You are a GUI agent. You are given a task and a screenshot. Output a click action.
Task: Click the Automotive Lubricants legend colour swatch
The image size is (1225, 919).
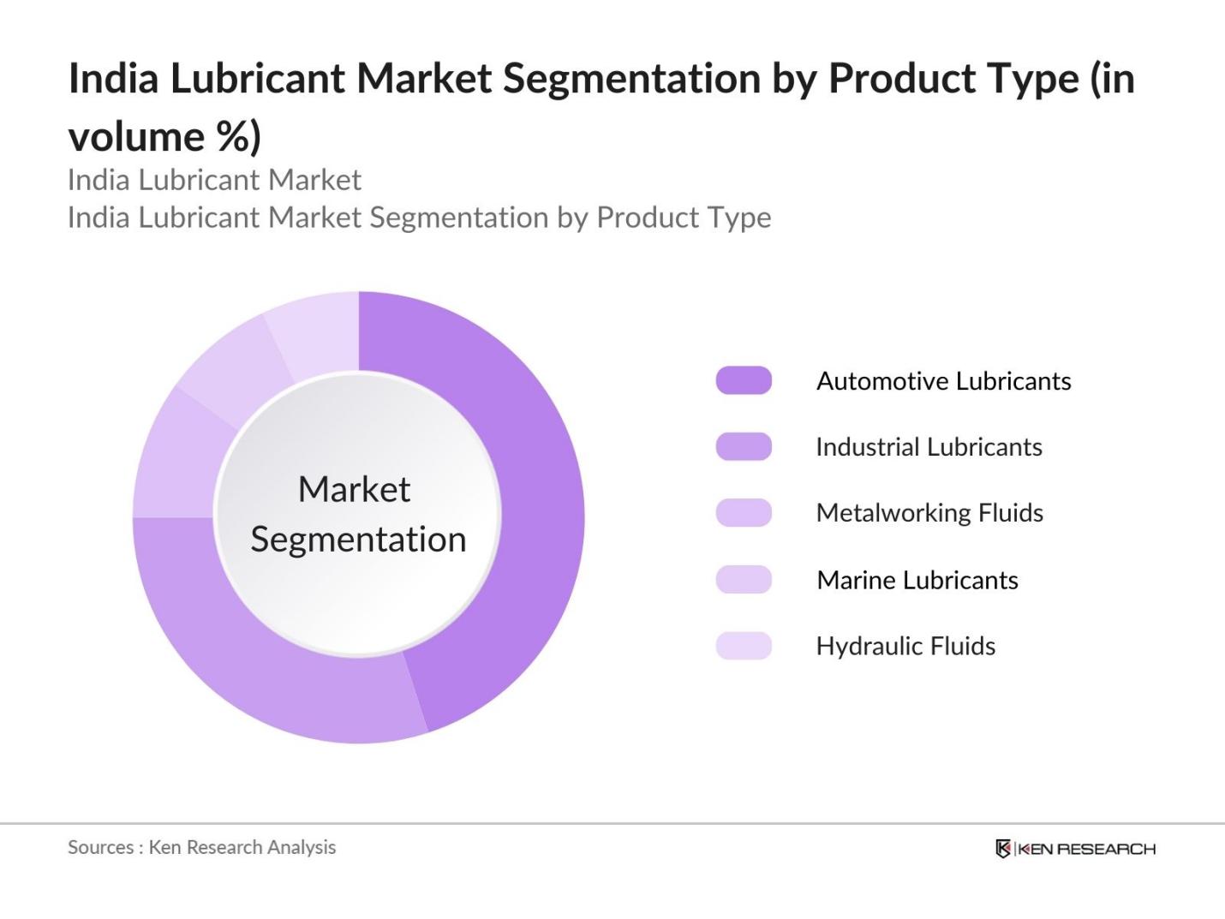point(744,380)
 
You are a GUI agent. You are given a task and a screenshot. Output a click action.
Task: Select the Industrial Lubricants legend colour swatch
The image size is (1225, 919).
point(744,446)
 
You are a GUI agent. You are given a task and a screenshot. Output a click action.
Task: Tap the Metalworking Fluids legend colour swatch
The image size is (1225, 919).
point(744,512)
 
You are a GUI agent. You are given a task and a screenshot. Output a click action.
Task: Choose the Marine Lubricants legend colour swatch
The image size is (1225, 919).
point(744,580)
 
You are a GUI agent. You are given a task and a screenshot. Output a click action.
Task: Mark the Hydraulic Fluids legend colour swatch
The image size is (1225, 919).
point(744,646)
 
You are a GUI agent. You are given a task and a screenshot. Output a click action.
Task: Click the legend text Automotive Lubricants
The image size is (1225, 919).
point(943,381)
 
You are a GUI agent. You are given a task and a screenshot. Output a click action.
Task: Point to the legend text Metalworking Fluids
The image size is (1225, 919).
point(929,513)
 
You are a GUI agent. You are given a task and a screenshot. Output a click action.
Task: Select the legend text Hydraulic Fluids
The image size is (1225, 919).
point(905,646)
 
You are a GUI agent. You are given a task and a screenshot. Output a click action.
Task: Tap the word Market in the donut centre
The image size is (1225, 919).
point(354,490)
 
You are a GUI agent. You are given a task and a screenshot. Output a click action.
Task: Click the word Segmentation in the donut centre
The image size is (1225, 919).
point(358,540)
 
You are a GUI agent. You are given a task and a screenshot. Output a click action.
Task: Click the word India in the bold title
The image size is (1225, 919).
point(113,79)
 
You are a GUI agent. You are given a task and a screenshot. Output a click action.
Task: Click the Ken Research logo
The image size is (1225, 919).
point(1075,849)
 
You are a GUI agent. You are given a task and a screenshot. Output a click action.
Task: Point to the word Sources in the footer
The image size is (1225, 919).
point(100,847)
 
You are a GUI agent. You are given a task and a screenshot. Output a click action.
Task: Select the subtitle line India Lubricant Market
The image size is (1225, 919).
point(214,180)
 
